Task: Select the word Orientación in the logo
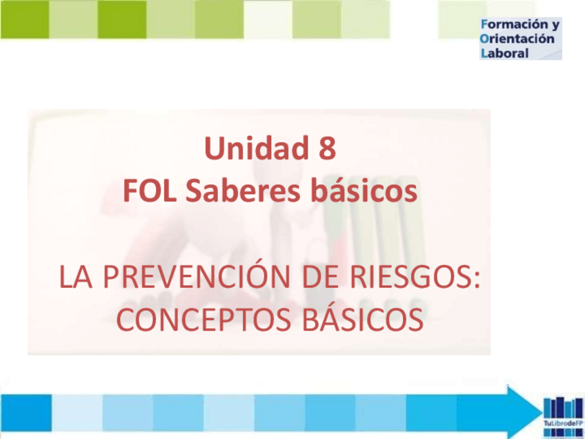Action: [517, 39]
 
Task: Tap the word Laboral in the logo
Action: [504, 52]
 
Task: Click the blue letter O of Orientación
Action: [485, 39]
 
